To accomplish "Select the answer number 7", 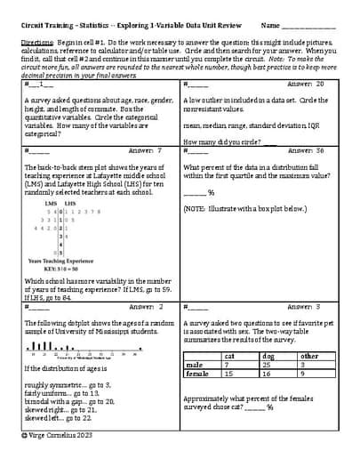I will coord(157,150).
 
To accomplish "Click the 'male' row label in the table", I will coord(194,365).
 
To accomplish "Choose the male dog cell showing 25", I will coord(266,365).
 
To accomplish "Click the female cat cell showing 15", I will coord(228,374).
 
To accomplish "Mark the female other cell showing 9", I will coord(303,374).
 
